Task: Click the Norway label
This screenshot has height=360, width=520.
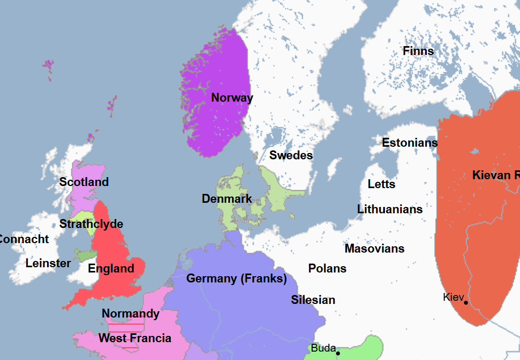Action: point(232,97)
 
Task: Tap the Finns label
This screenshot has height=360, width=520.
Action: point(418,51)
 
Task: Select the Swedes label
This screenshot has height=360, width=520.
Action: point(291,155)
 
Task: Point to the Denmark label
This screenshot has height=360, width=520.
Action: point(227,199)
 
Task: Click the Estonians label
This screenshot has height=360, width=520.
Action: point(410,143)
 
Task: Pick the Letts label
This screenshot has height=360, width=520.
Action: point(381,184)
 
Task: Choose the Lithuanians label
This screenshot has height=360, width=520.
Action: point(390,209)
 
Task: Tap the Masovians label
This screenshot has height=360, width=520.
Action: point(374,248)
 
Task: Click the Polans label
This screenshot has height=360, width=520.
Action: point(327,268)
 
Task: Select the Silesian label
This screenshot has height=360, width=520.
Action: point(313,300)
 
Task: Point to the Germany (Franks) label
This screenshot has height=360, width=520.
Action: point(237,279)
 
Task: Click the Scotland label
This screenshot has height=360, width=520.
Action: point(84,182)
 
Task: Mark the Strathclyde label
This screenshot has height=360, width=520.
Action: point(91,224)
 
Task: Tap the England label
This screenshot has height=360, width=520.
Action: point(111,269)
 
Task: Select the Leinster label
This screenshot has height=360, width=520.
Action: point(48,263)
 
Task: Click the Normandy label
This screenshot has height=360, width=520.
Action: point(130,314)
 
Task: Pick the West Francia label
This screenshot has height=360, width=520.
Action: point(135,339)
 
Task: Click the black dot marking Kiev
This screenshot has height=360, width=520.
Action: point(466,302)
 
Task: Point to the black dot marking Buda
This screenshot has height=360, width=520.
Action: point(338,353)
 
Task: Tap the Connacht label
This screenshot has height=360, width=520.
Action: point(24,239)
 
